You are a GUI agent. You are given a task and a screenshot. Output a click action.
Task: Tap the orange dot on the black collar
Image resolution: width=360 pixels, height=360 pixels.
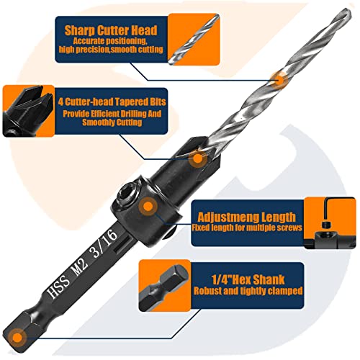coord(148,207)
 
